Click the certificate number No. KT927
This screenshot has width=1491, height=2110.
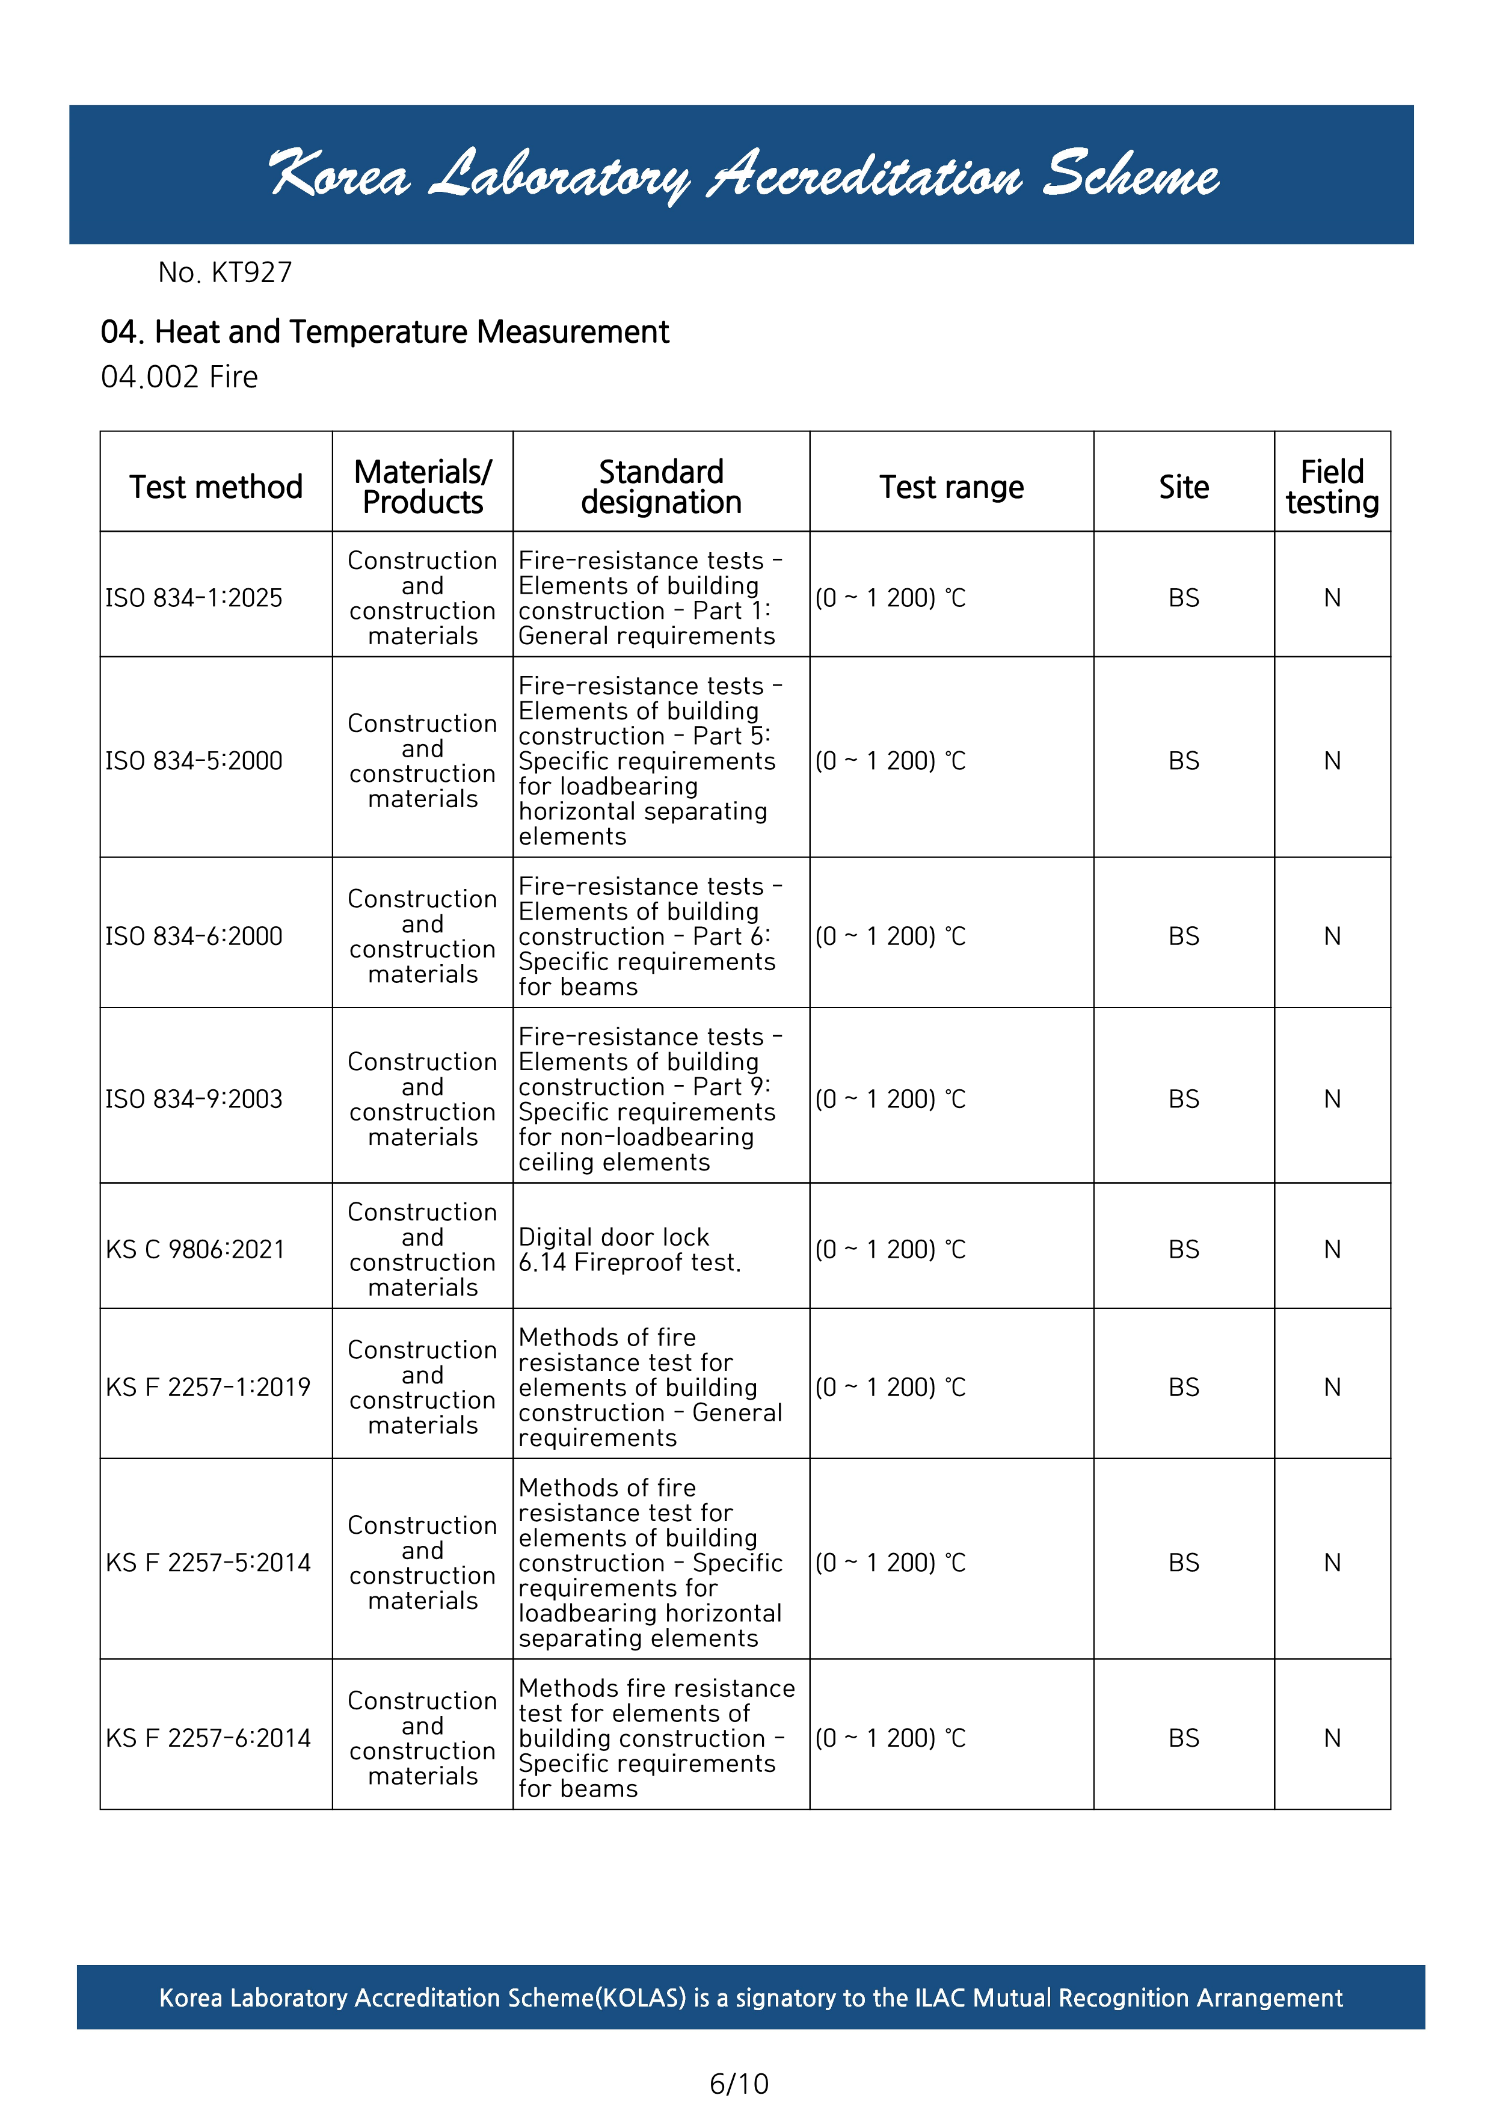tap(225, 273)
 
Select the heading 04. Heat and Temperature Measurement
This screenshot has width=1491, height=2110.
tap(384, 332)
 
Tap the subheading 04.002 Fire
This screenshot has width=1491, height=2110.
tap(179, 377)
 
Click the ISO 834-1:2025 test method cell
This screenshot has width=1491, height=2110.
tap(194, 598)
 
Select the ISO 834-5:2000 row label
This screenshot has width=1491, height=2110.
tap(194, 761)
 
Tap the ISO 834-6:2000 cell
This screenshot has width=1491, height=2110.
tap(194, 937)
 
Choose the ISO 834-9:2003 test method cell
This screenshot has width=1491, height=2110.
tap(194, 1099)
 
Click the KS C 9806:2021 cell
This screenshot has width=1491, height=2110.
tap(195, 1250)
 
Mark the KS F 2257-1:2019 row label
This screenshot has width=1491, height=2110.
tap(209, 1387)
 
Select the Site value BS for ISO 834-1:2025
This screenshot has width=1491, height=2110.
tap(1183, 598)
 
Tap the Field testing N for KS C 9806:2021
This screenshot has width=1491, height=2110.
tap(1332, 1250)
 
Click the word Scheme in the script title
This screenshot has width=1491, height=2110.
tap(1130, 174)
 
